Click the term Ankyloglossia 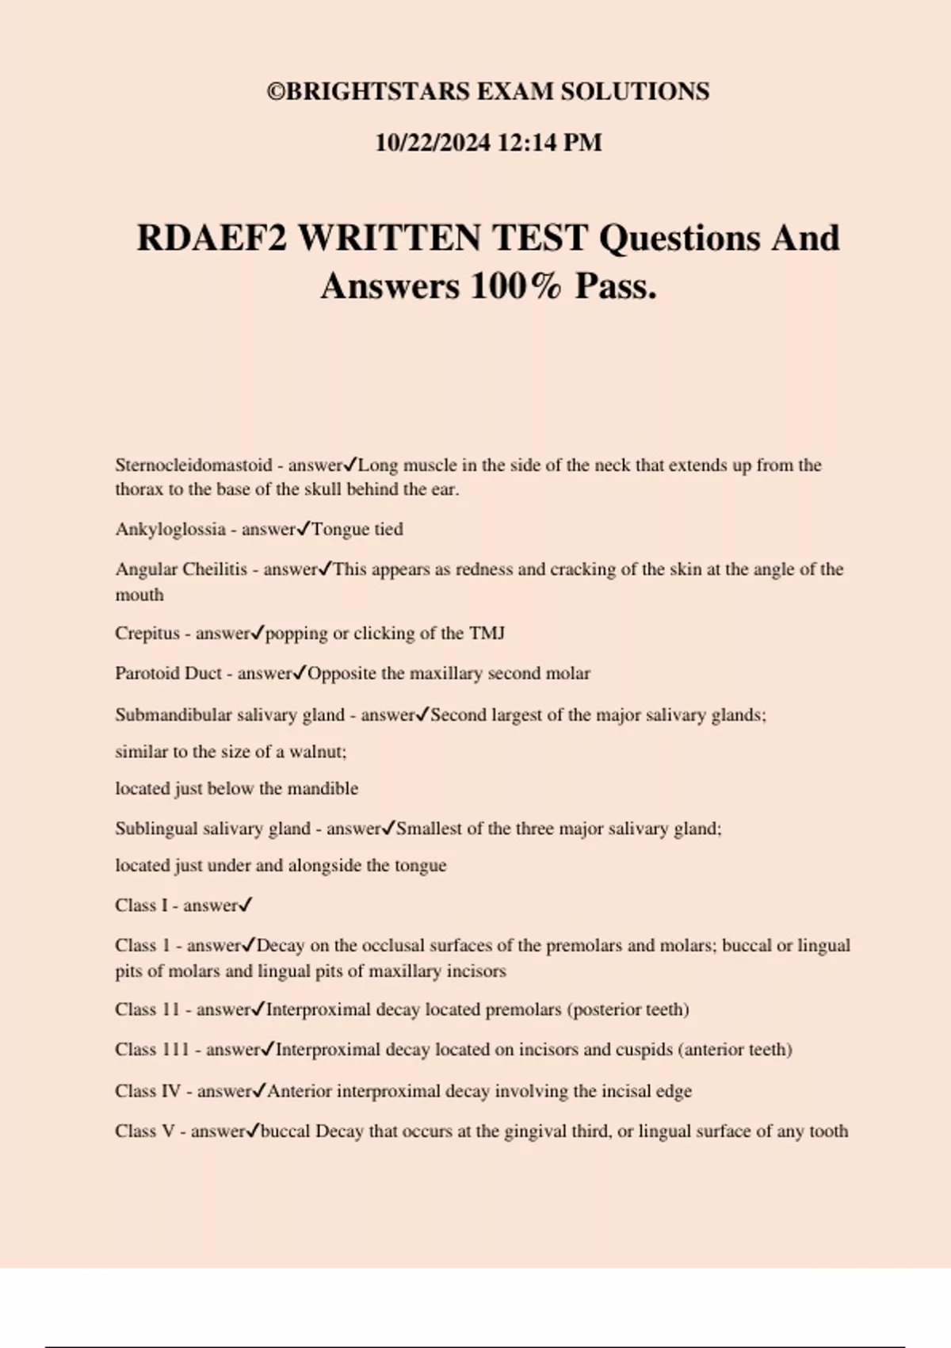(170, 529)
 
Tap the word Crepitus (147, 634)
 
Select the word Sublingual (155, 829)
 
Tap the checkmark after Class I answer (246, 905)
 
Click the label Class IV (148, 1091)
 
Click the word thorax (139, 489)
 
